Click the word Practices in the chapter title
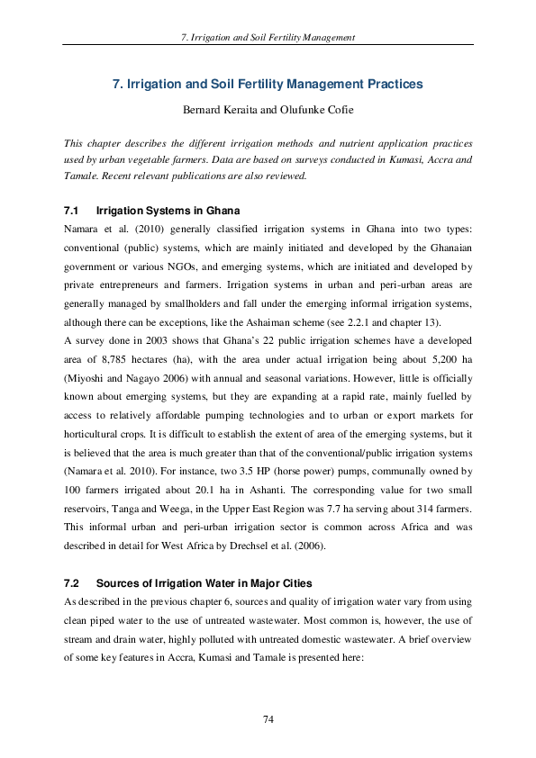coord(387,85)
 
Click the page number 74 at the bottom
coord(268,718)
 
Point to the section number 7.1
coord(72,210)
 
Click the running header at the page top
coord(268,37)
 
